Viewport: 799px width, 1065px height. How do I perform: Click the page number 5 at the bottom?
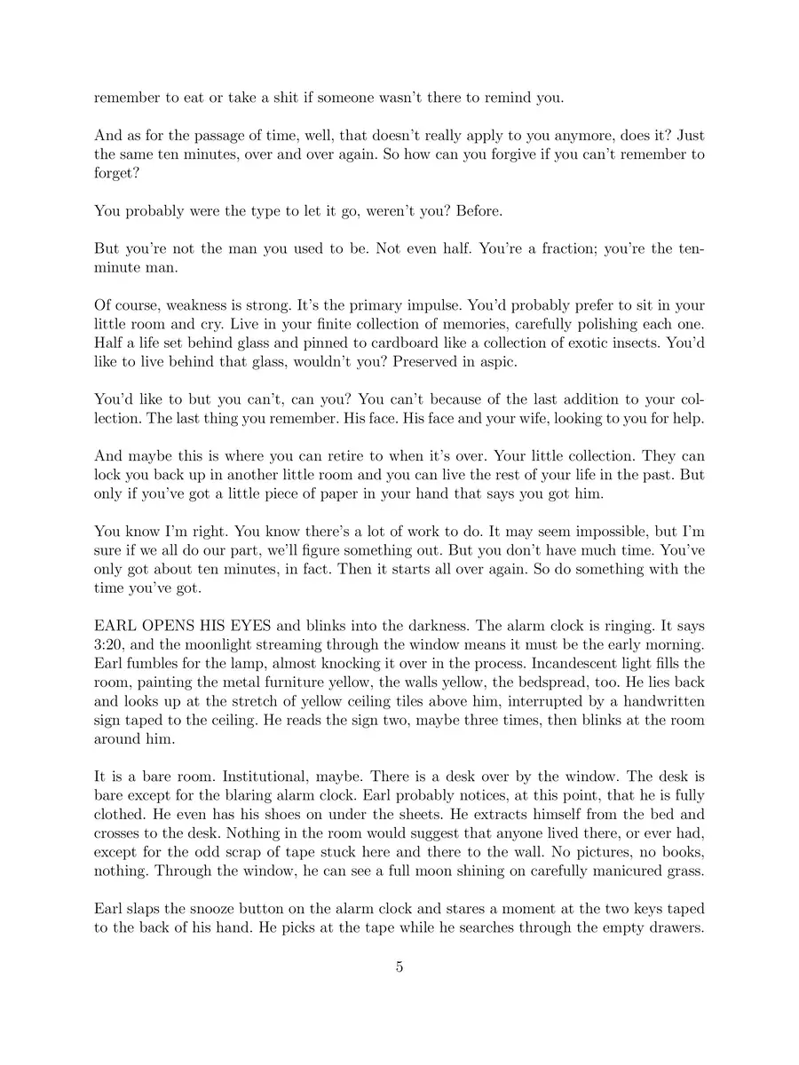pyautogui.click(x=399, y=966)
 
